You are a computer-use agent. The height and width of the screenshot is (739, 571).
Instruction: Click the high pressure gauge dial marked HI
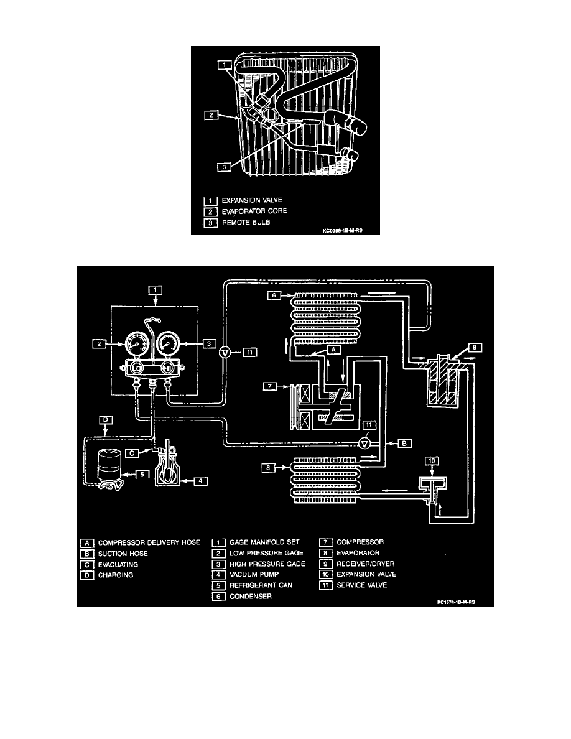[x=167, y=345]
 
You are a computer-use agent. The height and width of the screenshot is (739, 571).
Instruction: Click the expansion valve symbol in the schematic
[x=432, y=491]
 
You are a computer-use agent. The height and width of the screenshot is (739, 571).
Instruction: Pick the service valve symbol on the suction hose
[x=363, y=443]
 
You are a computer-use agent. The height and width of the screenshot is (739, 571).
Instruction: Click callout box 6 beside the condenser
[x=274, y=295]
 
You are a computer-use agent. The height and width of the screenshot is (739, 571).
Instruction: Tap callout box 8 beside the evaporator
[x=268, y=468]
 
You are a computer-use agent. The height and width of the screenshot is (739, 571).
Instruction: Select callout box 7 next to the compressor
[x=269, y=386]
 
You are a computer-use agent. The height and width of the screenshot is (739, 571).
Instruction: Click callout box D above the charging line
[x=106, y=419]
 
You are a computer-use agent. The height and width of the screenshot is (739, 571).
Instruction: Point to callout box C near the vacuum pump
[x=132, y=453]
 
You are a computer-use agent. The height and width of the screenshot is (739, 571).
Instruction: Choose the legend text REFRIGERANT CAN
[x=261, y=585]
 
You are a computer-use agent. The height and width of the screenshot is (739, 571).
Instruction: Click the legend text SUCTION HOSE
[x=123, y=553]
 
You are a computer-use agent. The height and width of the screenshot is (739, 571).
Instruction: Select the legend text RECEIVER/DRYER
[x=366, y=564]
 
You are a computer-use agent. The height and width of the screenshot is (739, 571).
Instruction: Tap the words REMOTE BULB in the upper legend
[x=246, y=223]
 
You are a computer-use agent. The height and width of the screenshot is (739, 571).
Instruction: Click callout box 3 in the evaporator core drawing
[x=225, y=167]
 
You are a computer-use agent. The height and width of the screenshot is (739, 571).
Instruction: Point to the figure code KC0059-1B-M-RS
[x=343, y=231]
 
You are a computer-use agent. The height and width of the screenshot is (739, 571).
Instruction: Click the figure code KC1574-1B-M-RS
[x=455, y=602]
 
